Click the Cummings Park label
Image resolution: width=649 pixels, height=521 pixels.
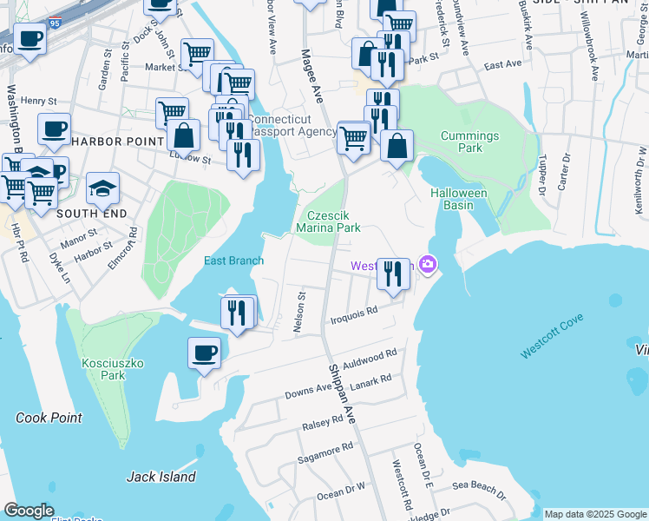coord(469,142)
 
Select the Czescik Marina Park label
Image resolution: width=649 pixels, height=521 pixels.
coord(329,221)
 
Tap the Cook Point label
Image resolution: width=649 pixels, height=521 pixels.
coord(49,418)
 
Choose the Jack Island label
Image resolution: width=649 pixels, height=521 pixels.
coord(161,476)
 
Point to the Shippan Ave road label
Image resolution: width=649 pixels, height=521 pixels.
coord(343,391)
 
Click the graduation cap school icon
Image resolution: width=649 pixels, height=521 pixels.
coord(102,188)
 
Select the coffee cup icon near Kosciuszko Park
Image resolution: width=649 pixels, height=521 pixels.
coord(205,353)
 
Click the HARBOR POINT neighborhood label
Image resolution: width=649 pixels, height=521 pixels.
coord(117,141)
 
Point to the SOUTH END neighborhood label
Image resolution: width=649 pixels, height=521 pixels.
coord(91,214)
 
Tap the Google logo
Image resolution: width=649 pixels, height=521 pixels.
coord(29,510)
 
